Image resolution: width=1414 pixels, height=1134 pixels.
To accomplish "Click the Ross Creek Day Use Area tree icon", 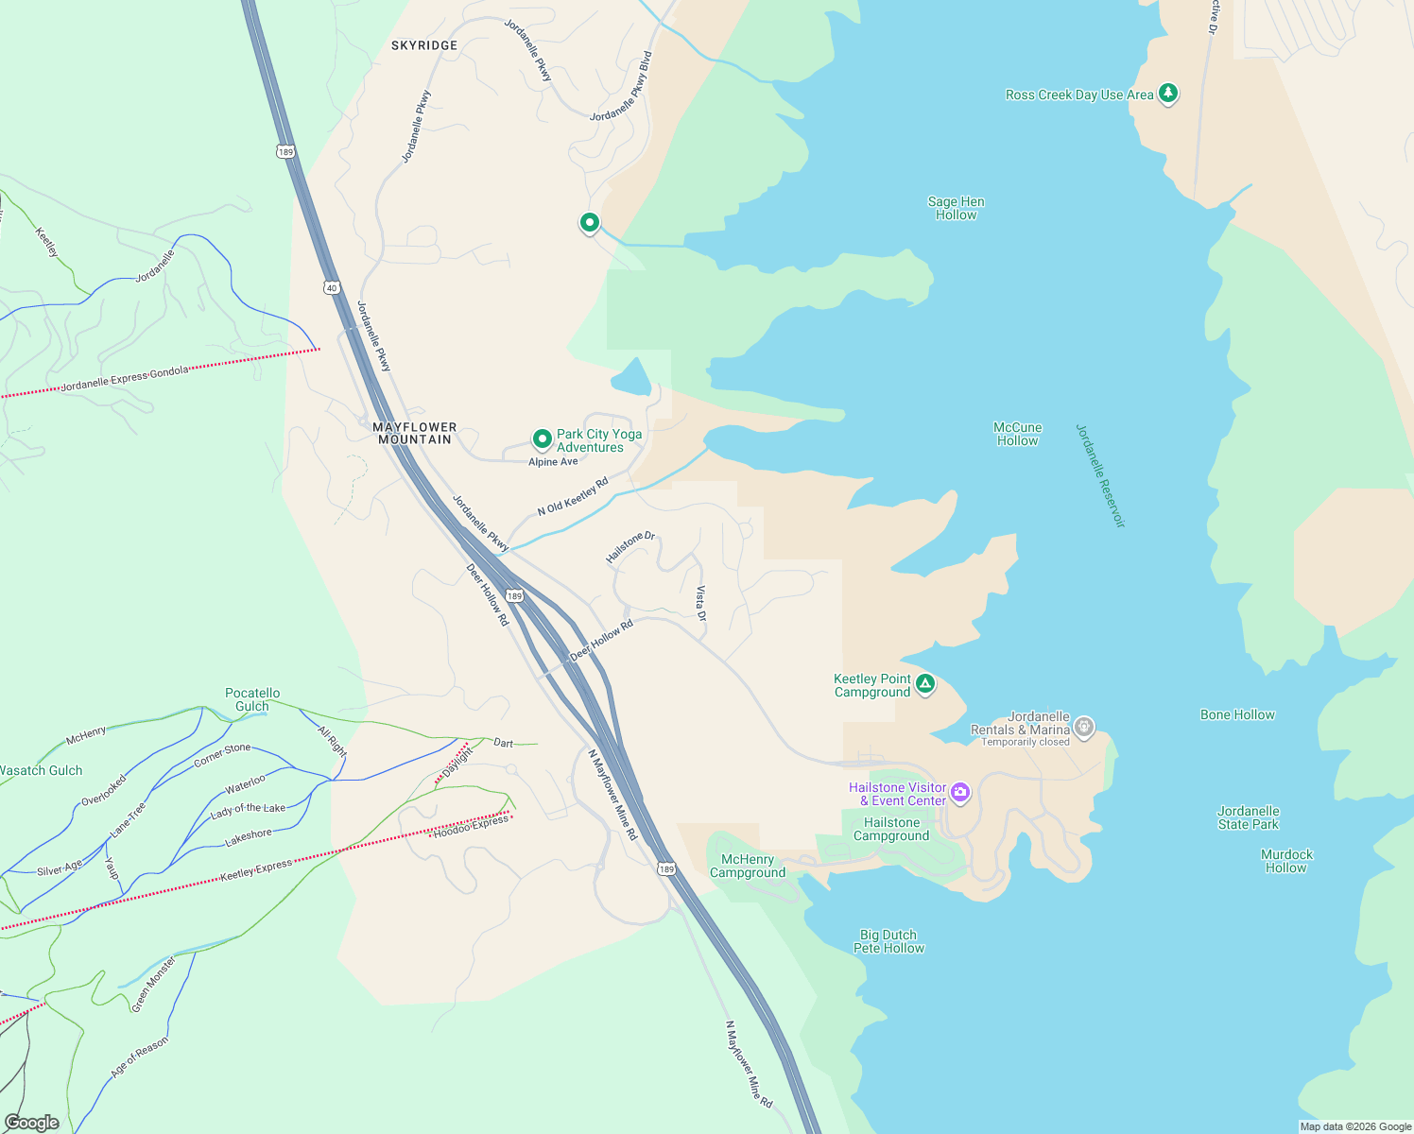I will pyautogui.click(x=1168, y=94).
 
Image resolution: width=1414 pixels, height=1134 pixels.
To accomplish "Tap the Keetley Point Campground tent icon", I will pyautogui.click(x=925, y=684).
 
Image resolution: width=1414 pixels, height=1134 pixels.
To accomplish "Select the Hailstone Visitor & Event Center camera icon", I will pyautogui.click(x=960, y=793).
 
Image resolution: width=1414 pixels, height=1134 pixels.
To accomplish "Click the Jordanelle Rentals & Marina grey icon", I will pyautogui.click(x=1084, y=728).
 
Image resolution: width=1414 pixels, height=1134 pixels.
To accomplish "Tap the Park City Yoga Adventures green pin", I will pyautogui.click(x=543, y=439).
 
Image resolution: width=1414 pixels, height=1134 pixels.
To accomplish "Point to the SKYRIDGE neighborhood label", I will pyautogui.click(x=424, y=45).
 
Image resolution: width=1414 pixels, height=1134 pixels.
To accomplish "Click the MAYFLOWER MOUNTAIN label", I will pyautogui.click(x=415, y=433).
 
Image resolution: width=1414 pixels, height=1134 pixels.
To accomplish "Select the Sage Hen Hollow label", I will pyautogui.click(x=956, y=208).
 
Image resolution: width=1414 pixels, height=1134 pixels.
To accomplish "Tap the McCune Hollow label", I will pyautogui.click(x=1017, y=434).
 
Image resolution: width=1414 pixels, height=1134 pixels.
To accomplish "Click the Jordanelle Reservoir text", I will pyautogui.click(x=1101, y=475).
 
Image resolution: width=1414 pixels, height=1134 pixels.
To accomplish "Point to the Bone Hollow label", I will pyautogui.click(x=1237, y=714).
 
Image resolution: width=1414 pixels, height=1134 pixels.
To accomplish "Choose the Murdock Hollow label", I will pyautogui.click(x=1286, y=861).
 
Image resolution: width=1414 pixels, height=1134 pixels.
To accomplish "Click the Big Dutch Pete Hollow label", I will pyautogui.click(x=888, y=941).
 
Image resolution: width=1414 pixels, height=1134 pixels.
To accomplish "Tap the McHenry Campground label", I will pyautogui.click(x=748, y=866).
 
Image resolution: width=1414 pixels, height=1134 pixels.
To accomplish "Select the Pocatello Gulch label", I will pyautogui.click(x=252, y=699).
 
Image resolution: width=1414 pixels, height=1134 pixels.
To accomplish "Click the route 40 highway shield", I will pyautogui.click(x=331, y=287).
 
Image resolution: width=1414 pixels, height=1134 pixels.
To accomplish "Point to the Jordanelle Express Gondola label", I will pyautogui.click(x=125, y=379).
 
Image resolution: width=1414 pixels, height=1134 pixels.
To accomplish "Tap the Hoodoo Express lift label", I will pyautogui.click(x=471, y=826).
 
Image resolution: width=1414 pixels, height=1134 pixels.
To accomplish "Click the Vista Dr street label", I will pyautogui.click(x=701, y=604).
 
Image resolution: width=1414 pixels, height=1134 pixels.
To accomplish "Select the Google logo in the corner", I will pyautogui.click(x=32, y=1123).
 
